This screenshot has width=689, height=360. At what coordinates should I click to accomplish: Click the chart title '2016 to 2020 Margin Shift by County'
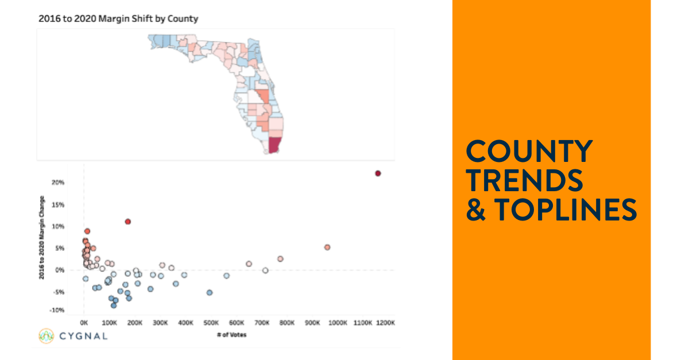coord(118,18)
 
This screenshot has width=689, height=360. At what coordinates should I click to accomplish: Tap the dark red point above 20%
coord(378,173)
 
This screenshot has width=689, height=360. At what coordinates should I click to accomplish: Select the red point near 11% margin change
coord(128,222)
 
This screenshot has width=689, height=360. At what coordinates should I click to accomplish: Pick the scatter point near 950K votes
coord(327,247)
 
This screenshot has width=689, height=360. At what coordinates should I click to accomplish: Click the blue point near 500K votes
coord(210,292)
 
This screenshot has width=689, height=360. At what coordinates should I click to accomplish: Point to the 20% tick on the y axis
coord(57,183)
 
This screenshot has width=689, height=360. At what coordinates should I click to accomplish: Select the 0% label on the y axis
coord(59,270)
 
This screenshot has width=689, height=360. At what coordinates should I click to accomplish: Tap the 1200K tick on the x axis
coord(386,323)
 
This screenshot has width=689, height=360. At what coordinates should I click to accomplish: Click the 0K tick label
coord(84,323)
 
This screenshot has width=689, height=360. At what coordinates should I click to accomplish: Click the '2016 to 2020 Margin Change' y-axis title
coord(42,243)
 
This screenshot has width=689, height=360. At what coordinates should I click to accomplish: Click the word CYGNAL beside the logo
coord(83,335)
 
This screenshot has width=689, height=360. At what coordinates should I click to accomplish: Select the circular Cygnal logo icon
coord(47,335)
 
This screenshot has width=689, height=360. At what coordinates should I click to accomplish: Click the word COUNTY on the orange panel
coord(529,152)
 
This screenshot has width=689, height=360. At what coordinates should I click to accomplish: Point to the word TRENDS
coord(524,181)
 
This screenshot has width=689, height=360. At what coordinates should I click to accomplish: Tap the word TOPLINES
coord(566,210)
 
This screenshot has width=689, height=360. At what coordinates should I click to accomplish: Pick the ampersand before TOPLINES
coord(475,210)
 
